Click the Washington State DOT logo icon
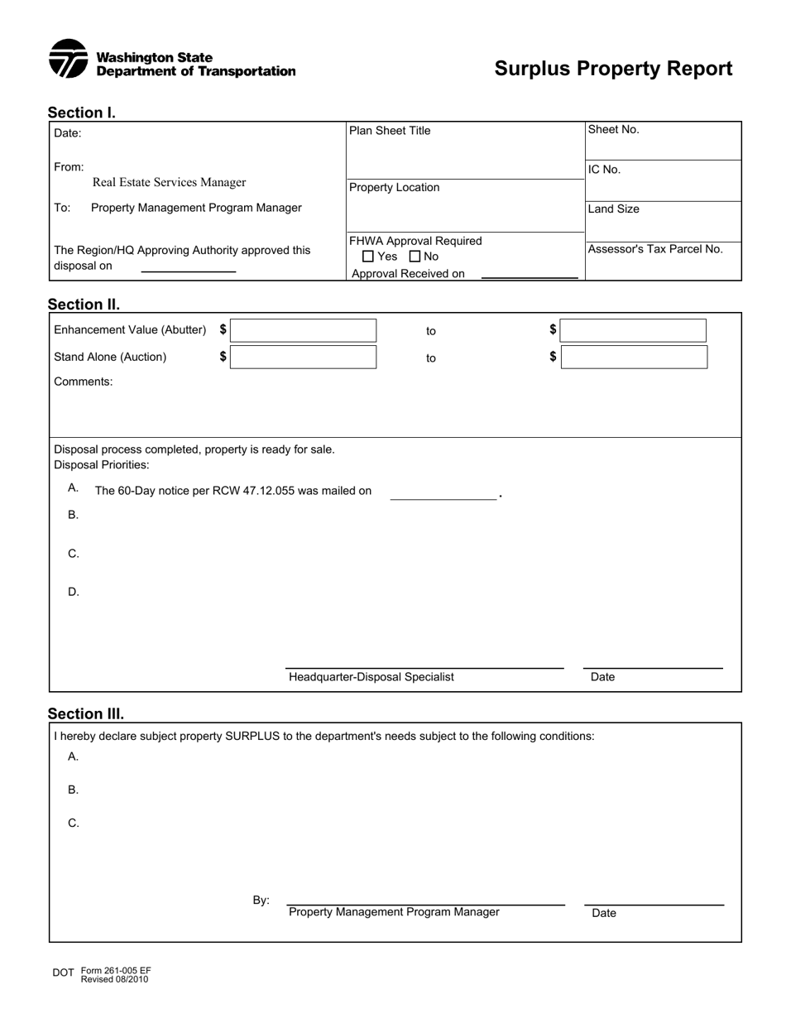coord(68,59)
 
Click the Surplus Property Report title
coord(613,69)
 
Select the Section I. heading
coord(81,113)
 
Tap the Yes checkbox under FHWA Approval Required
coord(368,257)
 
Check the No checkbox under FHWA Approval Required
coord(415,257)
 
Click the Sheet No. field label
coord(613,129)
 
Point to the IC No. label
coord(604,170)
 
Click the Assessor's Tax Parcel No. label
coord(655,249)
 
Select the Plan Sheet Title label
coord(390,131)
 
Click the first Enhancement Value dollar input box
coord(303,330)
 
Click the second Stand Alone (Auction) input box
coord(634,358)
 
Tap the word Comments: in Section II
coord(84,382)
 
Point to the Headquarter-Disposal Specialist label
coord(371,677)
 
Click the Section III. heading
coord(86,713)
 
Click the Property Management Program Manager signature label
coord(394,912)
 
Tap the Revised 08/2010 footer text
coord(114,979)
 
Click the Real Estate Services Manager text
coord(169,182)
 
